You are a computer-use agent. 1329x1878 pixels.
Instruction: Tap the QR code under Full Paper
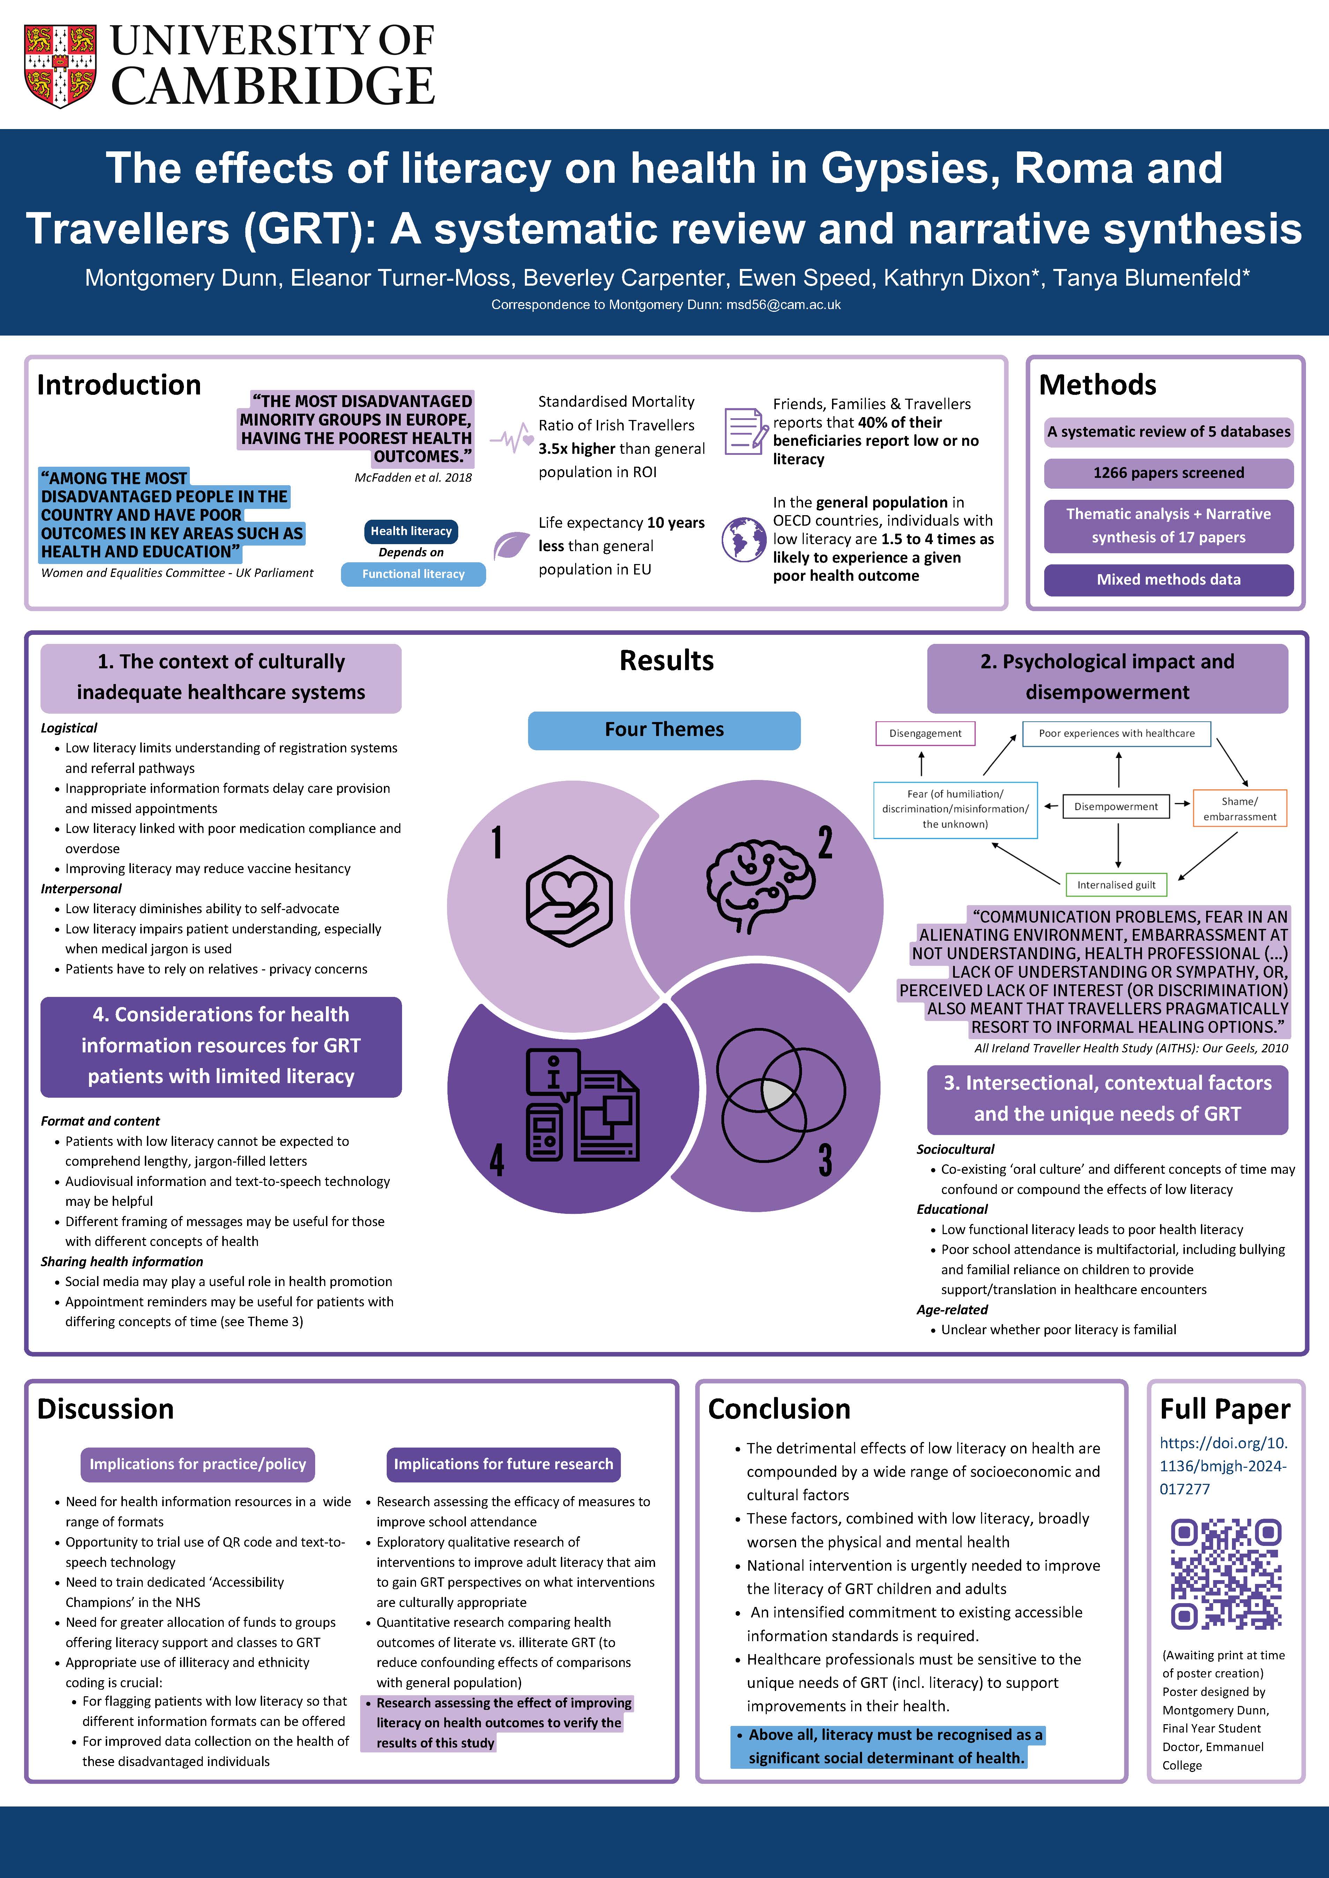(1225, 1575)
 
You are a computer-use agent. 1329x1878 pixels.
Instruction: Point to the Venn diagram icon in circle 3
(780, 1095)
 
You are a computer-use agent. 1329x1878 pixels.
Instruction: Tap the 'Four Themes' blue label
(664, 730)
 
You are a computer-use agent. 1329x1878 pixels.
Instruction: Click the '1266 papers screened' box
(1168, 473)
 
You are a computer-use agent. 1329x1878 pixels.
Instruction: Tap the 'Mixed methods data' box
(1168, 579)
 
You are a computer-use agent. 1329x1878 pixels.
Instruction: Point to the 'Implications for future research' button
(503, 1463)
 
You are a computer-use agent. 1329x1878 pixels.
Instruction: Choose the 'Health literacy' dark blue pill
(411, 531)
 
